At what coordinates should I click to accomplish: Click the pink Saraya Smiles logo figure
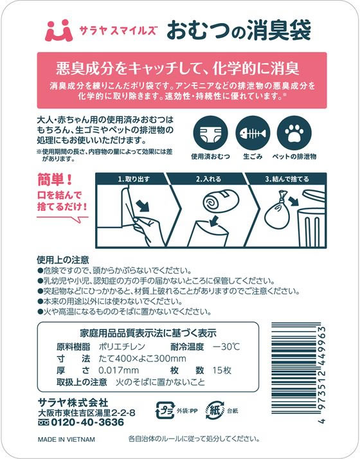(x=59, y=30)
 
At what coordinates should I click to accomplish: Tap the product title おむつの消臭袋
(x=239, y=30)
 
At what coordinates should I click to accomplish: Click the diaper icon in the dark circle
(x=210, y=133)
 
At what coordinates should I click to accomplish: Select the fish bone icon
(x=253, y=133)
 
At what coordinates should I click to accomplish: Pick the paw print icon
(x=294, y=133)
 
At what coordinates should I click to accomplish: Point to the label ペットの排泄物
(x=294, y=157)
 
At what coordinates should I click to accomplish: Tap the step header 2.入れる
(x=208, y=179)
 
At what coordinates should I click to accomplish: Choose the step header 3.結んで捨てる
(x=287, y=179)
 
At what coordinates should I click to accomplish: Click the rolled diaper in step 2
(x=221, y=200)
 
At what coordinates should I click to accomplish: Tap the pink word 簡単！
(x=55, y=179)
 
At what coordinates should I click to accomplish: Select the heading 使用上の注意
(x=62, y=260)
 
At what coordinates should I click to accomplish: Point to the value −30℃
(x=226, y=347)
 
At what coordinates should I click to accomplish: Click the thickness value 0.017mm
(x=118, y=370)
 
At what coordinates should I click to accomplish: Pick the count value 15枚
(x=222, y=370)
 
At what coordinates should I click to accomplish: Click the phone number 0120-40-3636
(x=87, y=422)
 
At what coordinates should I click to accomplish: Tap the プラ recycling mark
(x=165, y=410)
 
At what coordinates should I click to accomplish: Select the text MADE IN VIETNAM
(x=66, y=440)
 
